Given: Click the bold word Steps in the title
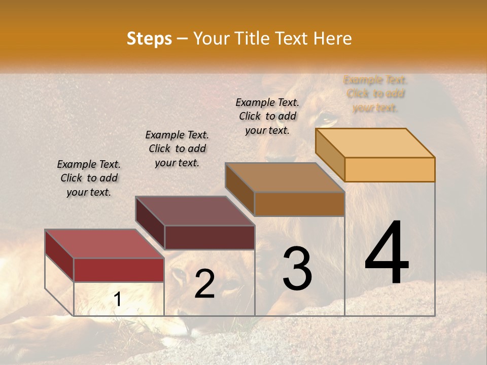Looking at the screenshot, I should point(149,39).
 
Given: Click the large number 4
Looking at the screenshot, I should point(387,253).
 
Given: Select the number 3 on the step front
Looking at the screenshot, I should point(297,268).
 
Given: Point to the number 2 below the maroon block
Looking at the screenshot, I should point(204,284).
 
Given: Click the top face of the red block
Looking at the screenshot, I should point(105,244).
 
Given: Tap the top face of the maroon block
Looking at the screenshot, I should point(195,211).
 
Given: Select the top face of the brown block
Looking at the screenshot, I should point(285,177).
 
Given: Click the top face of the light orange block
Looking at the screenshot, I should point(375,143).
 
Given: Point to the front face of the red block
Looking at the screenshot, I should point(119,270).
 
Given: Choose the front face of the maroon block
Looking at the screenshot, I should point(210,237).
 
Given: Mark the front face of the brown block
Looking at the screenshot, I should point(299,204).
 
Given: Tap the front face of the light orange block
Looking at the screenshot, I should point(390,169).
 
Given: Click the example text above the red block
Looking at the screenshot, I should point(89,178).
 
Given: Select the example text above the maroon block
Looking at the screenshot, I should point(177,149).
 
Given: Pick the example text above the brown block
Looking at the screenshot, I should point(267,116).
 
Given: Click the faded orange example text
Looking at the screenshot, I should point(375,93).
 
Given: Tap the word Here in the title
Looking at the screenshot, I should point(333,39).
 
